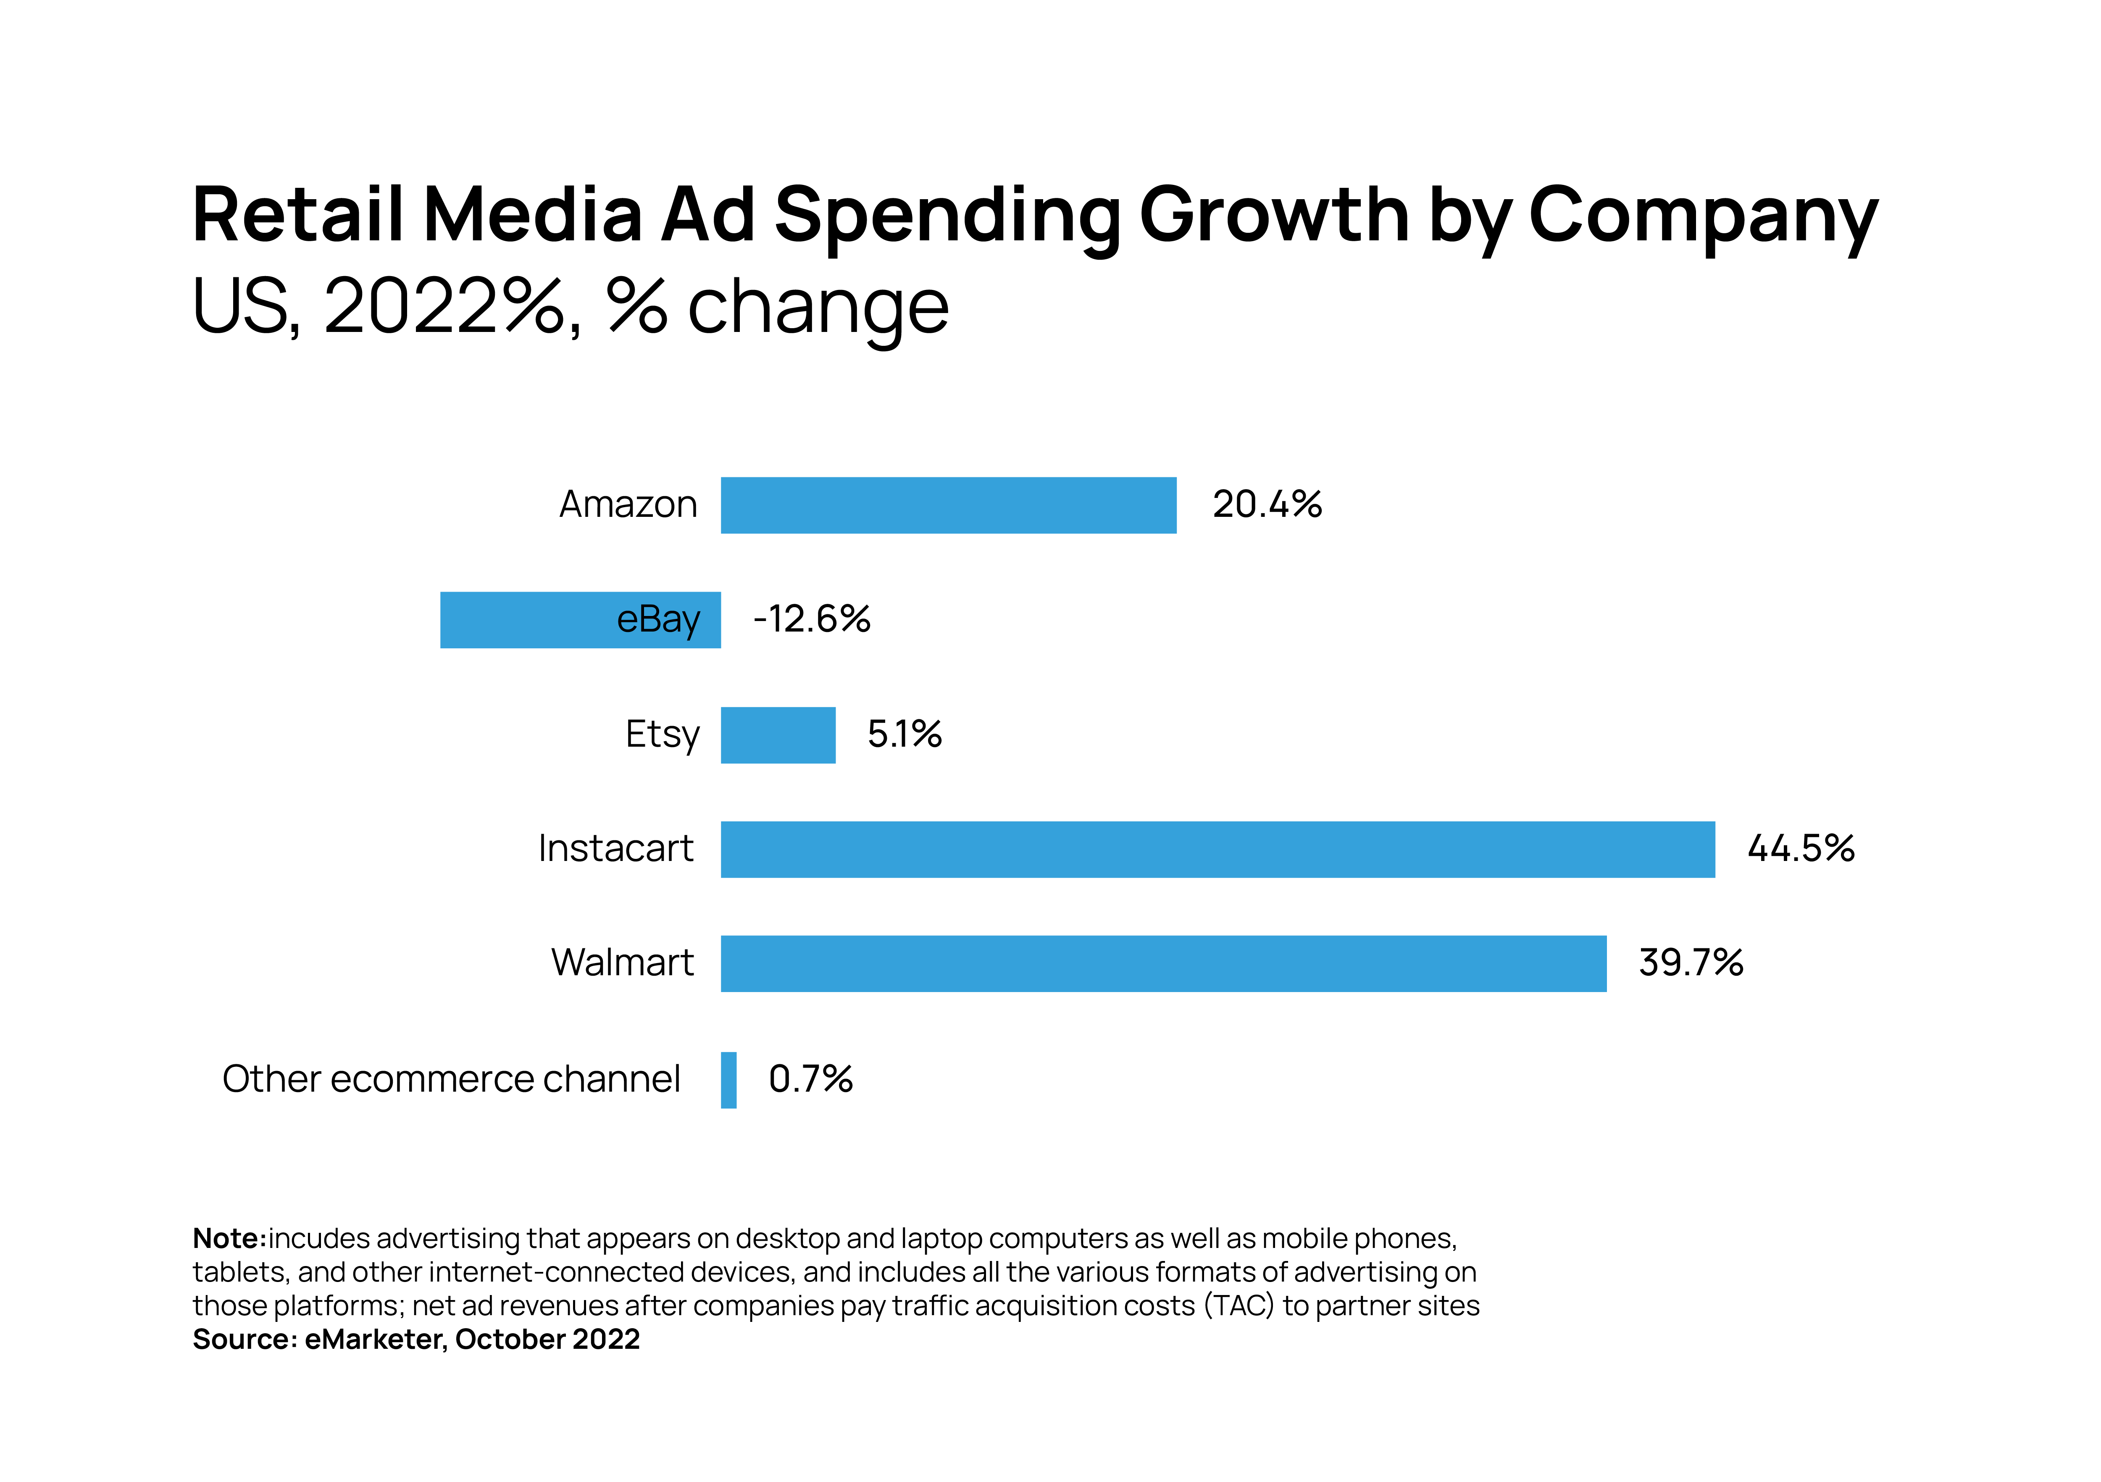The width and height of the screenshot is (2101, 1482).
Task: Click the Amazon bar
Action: tap(948, 505)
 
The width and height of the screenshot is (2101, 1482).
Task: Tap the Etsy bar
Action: tap(778, 735)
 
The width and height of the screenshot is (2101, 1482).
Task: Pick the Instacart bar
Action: tap(1217, 850)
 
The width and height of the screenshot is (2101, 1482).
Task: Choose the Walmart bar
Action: tap(1163, 964)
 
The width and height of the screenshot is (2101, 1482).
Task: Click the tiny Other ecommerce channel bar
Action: tap(728, 1080)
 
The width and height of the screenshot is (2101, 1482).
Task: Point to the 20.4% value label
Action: tap(1267, 504)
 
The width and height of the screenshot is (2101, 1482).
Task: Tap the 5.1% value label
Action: tap(904, 734)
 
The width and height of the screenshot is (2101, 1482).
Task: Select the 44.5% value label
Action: tap(1800, 848)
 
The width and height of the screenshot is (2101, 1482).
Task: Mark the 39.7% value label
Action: tap(1690, 963)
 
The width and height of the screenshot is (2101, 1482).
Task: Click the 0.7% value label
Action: tap(810, 1079)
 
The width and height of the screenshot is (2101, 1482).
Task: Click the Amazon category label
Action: tap(628, 504)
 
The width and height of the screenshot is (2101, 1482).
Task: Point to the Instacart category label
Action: tap(615, 848)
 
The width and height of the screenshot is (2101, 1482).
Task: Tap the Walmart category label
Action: tap(622, 963)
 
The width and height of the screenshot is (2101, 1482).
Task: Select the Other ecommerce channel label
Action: tap(451, 1079)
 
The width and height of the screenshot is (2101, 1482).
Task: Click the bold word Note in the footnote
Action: tap(228, 1239)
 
